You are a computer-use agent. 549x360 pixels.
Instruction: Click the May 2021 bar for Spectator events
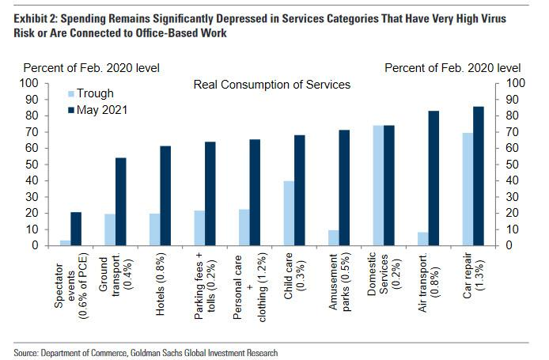click(x=76, y=229)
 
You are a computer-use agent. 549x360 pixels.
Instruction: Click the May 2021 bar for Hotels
click(x=166, y=195)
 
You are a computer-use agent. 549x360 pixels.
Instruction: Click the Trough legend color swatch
click(x=70, y=93)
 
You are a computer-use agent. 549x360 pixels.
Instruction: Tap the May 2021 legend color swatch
click(x=70, y=110)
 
